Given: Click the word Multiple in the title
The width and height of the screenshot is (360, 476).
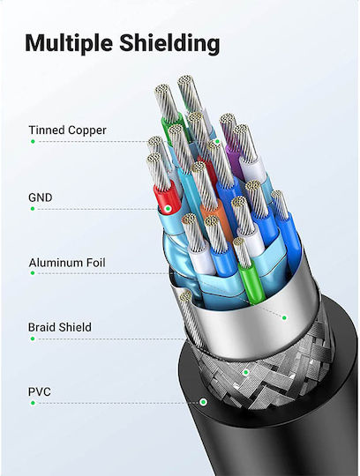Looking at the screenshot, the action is click(x=69, y=43).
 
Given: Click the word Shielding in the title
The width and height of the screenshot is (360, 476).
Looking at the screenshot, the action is click(x=169, y=42).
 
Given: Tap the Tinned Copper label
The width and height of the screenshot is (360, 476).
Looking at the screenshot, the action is click(x=67, y=130).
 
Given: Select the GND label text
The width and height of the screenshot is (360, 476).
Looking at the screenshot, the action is click(x=40, y=197).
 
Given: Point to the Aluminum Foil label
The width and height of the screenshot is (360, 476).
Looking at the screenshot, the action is click(x=67, y=263).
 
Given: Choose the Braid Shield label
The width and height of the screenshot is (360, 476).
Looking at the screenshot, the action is click(x=60, y=327).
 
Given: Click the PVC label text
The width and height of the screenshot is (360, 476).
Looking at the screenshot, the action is click(x=40, y=391).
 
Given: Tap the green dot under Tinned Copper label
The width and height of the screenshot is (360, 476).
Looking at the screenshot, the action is click(x=33, y=141).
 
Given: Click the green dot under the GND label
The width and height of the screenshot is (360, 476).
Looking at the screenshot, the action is click(x=33, y=209).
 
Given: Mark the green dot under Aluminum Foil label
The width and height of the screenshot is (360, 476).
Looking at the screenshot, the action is click(x=33, y=273).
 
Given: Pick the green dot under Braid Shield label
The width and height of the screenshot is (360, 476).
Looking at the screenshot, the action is click(x=33, y=338).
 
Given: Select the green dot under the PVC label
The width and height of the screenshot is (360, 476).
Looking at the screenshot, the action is click(x=33, y=403).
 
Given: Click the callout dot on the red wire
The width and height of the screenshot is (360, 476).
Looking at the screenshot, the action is click(x=168, y=209).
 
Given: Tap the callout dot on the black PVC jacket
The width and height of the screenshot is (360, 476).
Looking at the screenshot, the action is click(x=203, y=402).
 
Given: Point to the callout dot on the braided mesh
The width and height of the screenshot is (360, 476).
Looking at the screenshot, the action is click(x=246, y=372).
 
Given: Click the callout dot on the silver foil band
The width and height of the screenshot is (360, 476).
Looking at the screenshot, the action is click(x=284, y=318).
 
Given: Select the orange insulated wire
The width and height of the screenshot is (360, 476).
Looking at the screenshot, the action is click(x=216, y=217).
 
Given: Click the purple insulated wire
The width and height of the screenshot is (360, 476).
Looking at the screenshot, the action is click(x=234, y=158).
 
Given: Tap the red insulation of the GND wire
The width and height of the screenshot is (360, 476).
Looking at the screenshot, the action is click(x=167, y=197).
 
